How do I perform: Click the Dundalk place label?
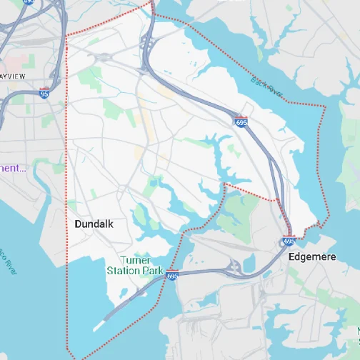94,224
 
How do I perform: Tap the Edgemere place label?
312,256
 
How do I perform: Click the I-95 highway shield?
44,92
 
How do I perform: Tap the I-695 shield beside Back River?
241,122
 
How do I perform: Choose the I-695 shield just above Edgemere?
289,241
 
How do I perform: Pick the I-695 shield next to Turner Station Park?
171,274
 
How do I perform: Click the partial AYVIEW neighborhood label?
13,75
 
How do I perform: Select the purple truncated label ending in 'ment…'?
13,169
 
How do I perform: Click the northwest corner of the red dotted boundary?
66,36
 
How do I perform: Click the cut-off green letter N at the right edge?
356,330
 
